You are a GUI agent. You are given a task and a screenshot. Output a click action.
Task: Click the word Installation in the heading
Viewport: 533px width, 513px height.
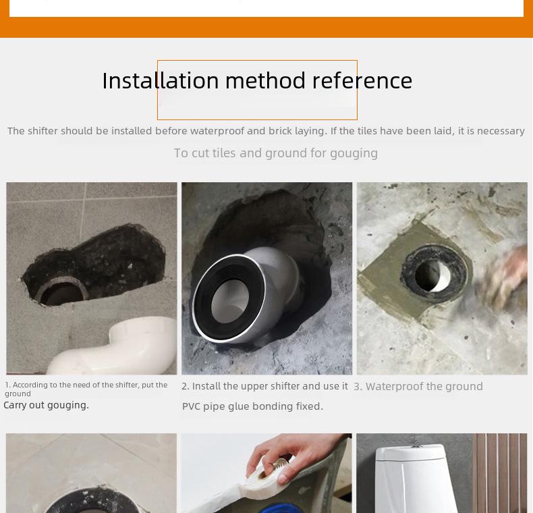[x=161, y=80]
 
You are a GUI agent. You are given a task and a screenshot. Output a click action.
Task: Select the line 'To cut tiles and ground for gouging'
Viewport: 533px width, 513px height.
[x=275, y=153]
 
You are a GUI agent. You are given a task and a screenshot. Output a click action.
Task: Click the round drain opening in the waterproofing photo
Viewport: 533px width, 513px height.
[x=431, y=275]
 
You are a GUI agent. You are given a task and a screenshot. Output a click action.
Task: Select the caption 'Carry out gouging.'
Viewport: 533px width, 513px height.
[x=46, y=405]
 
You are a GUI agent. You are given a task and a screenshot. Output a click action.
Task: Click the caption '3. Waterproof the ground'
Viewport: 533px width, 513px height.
[x=418, y=386]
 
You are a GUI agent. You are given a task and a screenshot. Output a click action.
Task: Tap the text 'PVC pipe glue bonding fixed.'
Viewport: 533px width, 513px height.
[x=252, y=406]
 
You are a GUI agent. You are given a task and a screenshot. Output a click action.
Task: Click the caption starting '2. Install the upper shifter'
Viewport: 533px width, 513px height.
[x=264, y=386]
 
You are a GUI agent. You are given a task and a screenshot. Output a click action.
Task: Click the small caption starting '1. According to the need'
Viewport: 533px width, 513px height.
[x=86, y=389]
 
